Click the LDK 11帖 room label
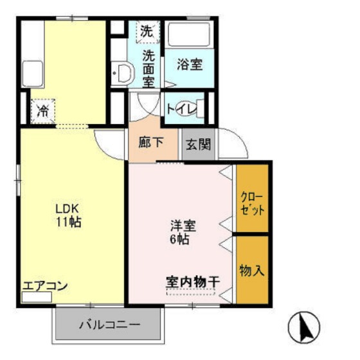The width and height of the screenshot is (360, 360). click(x=67, y=216)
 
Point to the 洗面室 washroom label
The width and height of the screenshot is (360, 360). click(x=148, y=68)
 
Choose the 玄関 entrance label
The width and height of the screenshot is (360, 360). click(x=199, y=144)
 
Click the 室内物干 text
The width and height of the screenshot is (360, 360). click(x=193, y=282)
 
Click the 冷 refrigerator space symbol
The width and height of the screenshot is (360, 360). click(x=43, y=111)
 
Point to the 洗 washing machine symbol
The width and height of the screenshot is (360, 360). click(x=148, y=31)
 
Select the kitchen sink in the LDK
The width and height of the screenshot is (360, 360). click(x=32, y=73)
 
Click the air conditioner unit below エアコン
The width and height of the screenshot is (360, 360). click(x=37, y=298)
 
